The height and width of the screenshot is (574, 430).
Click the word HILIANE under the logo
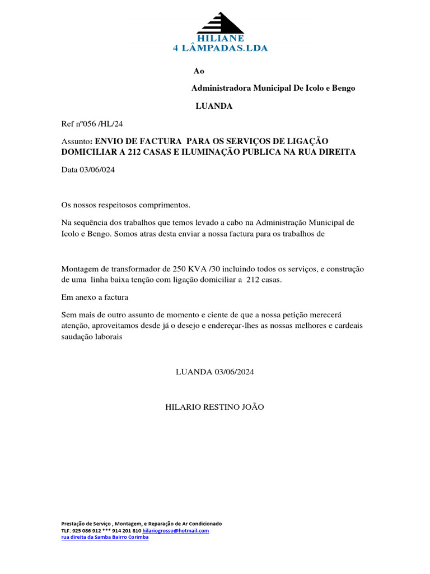(x=220, y=39)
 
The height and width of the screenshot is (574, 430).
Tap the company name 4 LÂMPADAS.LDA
(x=220, y=48)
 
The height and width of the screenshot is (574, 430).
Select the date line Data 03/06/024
(x=88, y=170)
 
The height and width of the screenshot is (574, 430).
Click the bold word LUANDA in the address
(x=214, y=106)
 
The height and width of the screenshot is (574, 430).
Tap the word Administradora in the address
(x=221, y=88)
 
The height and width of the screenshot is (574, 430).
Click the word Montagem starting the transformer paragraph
(x=79, y=269)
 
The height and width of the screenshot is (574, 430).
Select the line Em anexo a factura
(x=95, y=297)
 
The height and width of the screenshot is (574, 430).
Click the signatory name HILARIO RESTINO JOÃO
(x=214, y=406)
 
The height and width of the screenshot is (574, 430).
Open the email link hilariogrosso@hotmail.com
(x=176, y=530)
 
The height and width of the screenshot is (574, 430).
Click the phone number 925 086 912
(x=87, y=530)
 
